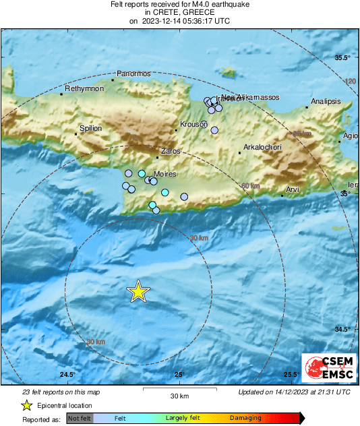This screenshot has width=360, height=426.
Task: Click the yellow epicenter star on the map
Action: pyautogui.click(x=138, y=291)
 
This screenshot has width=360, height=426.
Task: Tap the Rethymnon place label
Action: pyautogui.click(x=84, y=89)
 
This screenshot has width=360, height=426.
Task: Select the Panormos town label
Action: pyautogui.click(x=133, y=73)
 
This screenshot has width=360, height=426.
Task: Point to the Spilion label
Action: pyautogui.click(x=91, y=128)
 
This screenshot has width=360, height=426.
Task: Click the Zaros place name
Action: pyautogui.click(x=171, y=152)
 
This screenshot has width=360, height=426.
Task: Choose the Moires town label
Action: pyautogui.click(x=166, y=174)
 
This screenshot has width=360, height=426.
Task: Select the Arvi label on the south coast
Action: pyautogui.click(x=292, y=190)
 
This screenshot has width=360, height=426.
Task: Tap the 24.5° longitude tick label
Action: pyautogui.click(x=67, y=375)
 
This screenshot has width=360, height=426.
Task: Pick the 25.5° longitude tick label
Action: pyautogui.click(x=291, y=375)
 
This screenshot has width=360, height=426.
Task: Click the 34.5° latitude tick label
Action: pyautogui.click(x=343, y=329)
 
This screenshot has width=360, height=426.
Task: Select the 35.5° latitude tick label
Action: pyautogui.click(x=343, y=58)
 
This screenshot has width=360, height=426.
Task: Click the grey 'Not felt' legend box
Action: pyautogui.click(x=79, y=419)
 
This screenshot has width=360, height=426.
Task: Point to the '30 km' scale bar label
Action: pyautogui.click(x=179, y=395)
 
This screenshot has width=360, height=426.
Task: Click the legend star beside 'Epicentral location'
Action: pyautogui.click(x=26, y=405)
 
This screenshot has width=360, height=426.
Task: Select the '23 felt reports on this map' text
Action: pyautogui.click(x=61, y=392)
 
